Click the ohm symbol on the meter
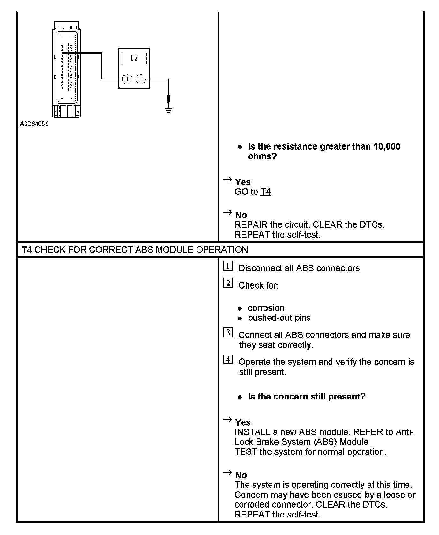pyautogui.click(x=134, y=58)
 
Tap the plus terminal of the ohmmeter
pyautogui.click(x=127, y=79)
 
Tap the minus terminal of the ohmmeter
pyautogui.click(x=141, y=79)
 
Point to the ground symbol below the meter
pyautogui.click(x=168, y=110)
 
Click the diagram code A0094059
pyautogui.click(x=34, y=124)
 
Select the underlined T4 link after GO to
pyautogui.click(x=265, y=192)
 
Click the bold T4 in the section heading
pyautogui.click(x=27, y=250)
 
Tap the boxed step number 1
pyautogui.click(x=227, y=266)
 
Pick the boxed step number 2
pyautogui.click(x=227, y=283)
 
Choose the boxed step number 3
pyautogui.click(x=227, y=333)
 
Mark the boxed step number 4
pyautogui.click(x=227, y=360)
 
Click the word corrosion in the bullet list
pyautogui.click(x=266, y=308)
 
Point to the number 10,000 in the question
pyautogui.click(x=387, y=146)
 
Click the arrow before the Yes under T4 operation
pyautogui.click(x=227, y=420)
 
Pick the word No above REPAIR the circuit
pyautogui.click(x=241, y=215)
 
